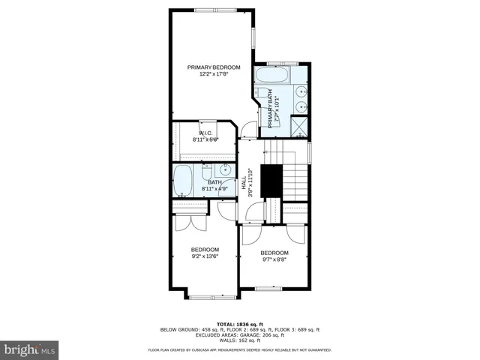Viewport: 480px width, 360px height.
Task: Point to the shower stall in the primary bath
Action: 299,126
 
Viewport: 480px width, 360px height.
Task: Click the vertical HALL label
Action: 244,184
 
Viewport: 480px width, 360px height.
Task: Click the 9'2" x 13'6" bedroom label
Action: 205,253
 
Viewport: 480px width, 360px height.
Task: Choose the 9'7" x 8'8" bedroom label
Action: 274,257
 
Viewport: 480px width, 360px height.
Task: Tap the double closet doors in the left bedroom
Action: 184,224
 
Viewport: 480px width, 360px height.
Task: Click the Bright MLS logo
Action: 30,349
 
